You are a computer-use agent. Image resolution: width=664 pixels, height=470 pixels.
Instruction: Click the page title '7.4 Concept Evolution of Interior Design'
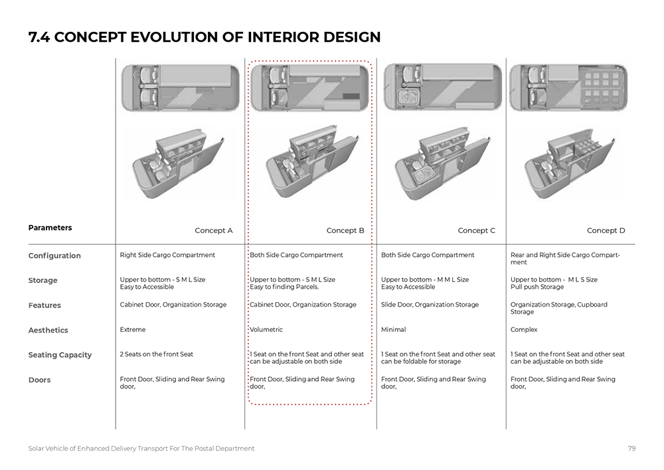point(205,37)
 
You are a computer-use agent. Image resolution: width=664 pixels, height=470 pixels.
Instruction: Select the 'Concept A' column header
point(214,231)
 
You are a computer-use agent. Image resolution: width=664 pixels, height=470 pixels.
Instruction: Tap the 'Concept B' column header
point(345,231)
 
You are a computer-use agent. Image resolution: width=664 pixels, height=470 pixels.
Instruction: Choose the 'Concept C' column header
point(477,231)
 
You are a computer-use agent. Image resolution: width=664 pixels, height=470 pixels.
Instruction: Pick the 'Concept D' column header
point(606,231)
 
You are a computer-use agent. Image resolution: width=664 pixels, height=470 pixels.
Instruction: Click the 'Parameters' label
point(50,228)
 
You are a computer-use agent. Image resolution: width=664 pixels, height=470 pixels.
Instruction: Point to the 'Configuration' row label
point(54,256)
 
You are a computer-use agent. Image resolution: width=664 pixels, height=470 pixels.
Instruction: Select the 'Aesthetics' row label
point(48,330)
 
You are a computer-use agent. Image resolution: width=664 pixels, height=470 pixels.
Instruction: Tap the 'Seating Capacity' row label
point(60,355)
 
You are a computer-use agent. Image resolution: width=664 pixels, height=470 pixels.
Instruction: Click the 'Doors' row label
point(39,380)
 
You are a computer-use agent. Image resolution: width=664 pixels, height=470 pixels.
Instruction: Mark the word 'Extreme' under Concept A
point(133,329)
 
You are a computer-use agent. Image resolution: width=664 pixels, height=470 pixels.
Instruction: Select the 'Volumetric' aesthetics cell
point(266,329)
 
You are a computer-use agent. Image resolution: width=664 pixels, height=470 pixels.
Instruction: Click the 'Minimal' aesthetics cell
point(393,329)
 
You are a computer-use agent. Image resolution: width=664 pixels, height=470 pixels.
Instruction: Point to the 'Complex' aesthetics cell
point(524,329)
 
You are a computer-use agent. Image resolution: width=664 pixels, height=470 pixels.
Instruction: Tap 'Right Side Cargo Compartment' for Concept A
point(167,255)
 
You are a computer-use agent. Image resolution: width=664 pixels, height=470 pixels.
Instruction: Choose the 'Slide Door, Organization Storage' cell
point(430,305)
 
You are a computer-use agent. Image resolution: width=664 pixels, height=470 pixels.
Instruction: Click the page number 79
point(631,449)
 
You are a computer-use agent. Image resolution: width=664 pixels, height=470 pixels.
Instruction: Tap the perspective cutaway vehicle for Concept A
point(178,163)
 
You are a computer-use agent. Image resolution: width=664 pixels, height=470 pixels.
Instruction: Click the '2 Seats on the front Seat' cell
point(157,354)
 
